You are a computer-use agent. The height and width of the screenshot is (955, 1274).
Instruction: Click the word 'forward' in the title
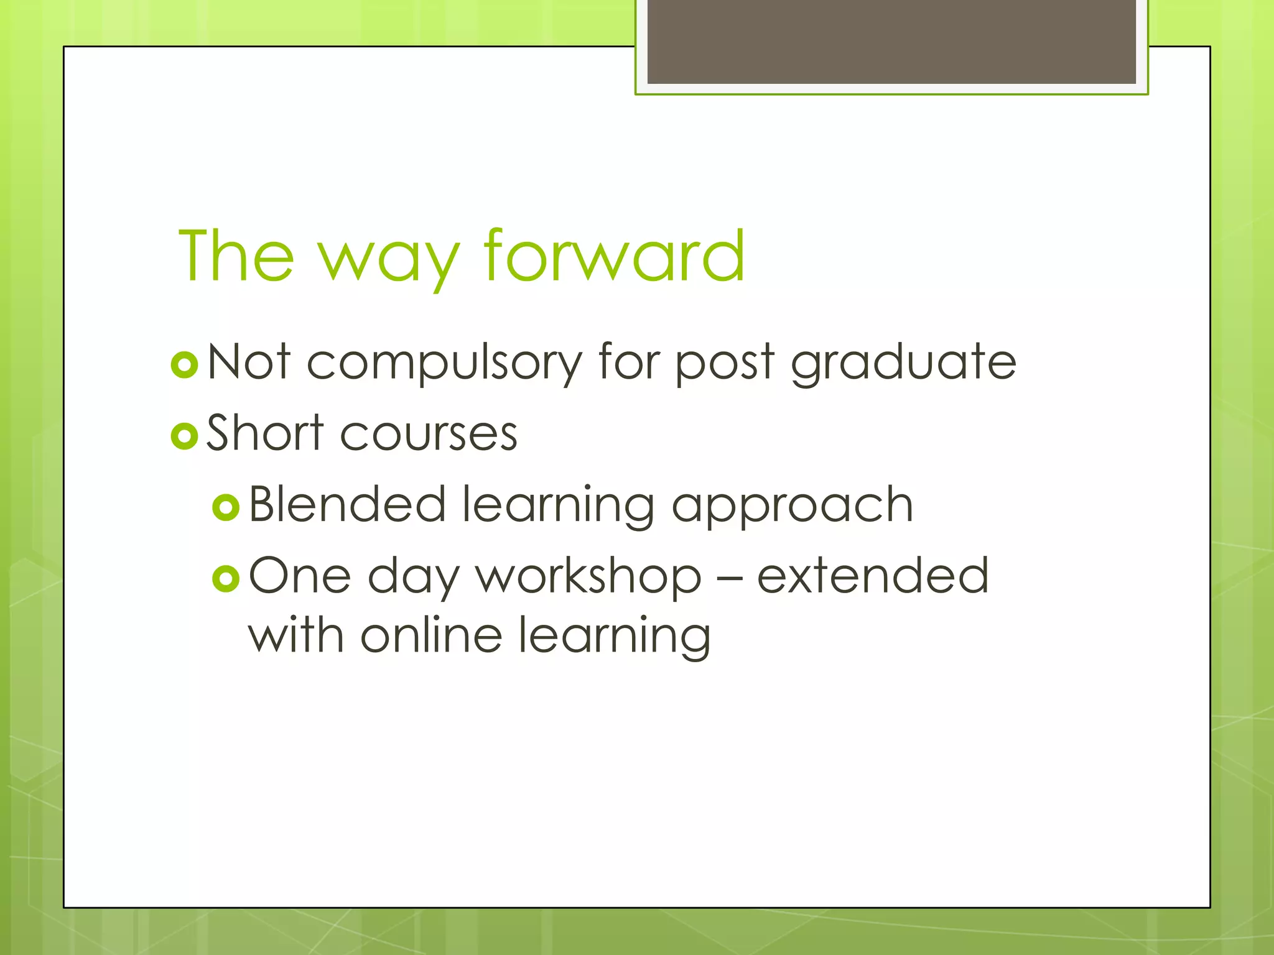[614, 256]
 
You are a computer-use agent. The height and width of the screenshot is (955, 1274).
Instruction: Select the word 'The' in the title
[236, 256]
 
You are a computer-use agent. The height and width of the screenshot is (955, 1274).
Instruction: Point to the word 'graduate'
[903, 364]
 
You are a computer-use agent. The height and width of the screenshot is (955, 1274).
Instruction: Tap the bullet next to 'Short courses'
[184, 436]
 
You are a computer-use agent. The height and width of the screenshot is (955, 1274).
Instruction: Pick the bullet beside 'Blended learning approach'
[226, 507]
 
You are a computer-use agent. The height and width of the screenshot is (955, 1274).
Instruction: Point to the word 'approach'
[792, 507]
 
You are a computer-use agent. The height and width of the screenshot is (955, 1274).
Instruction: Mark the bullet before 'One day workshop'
[226, 579]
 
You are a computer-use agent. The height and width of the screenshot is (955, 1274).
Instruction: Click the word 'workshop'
[588, 578]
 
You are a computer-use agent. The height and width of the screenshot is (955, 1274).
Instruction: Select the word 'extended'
[872, 576]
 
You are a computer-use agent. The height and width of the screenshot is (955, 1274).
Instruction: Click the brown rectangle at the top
[891, 41]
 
